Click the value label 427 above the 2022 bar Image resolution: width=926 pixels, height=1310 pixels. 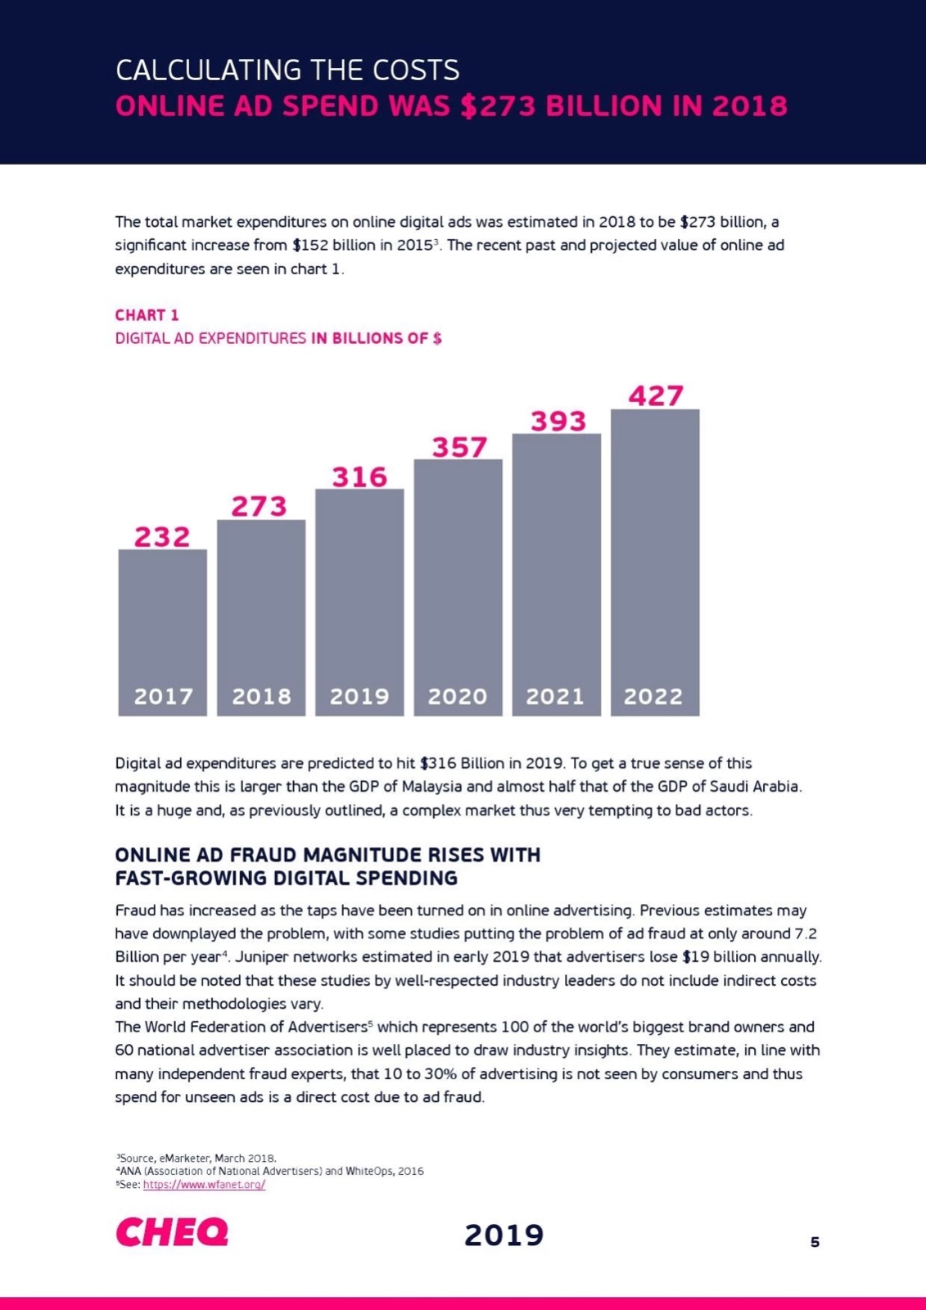tap(656, 396)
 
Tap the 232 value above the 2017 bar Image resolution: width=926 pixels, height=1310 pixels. tap(162, 537)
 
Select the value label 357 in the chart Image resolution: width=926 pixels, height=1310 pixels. tap(459, 447)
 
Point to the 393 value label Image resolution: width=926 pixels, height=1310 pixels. tap(558, 421)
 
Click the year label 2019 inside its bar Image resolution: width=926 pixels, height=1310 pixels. tap(359, 697)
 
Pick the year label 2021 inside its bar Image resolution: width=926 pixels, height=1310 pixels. tap(555, 697)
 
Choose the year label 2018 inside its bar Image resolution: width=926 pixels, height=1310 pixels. tap(261, 697)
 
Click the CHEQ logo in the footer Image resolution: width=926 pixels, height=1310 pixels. tap(172, 1232)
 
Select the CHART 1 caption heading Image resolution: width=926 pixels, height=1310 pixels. tap(147, 315)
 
